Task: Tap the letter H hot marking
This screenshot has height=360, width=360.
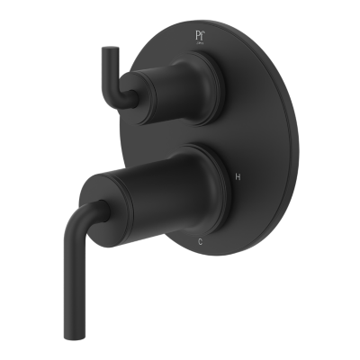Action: tap(238, 178)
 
